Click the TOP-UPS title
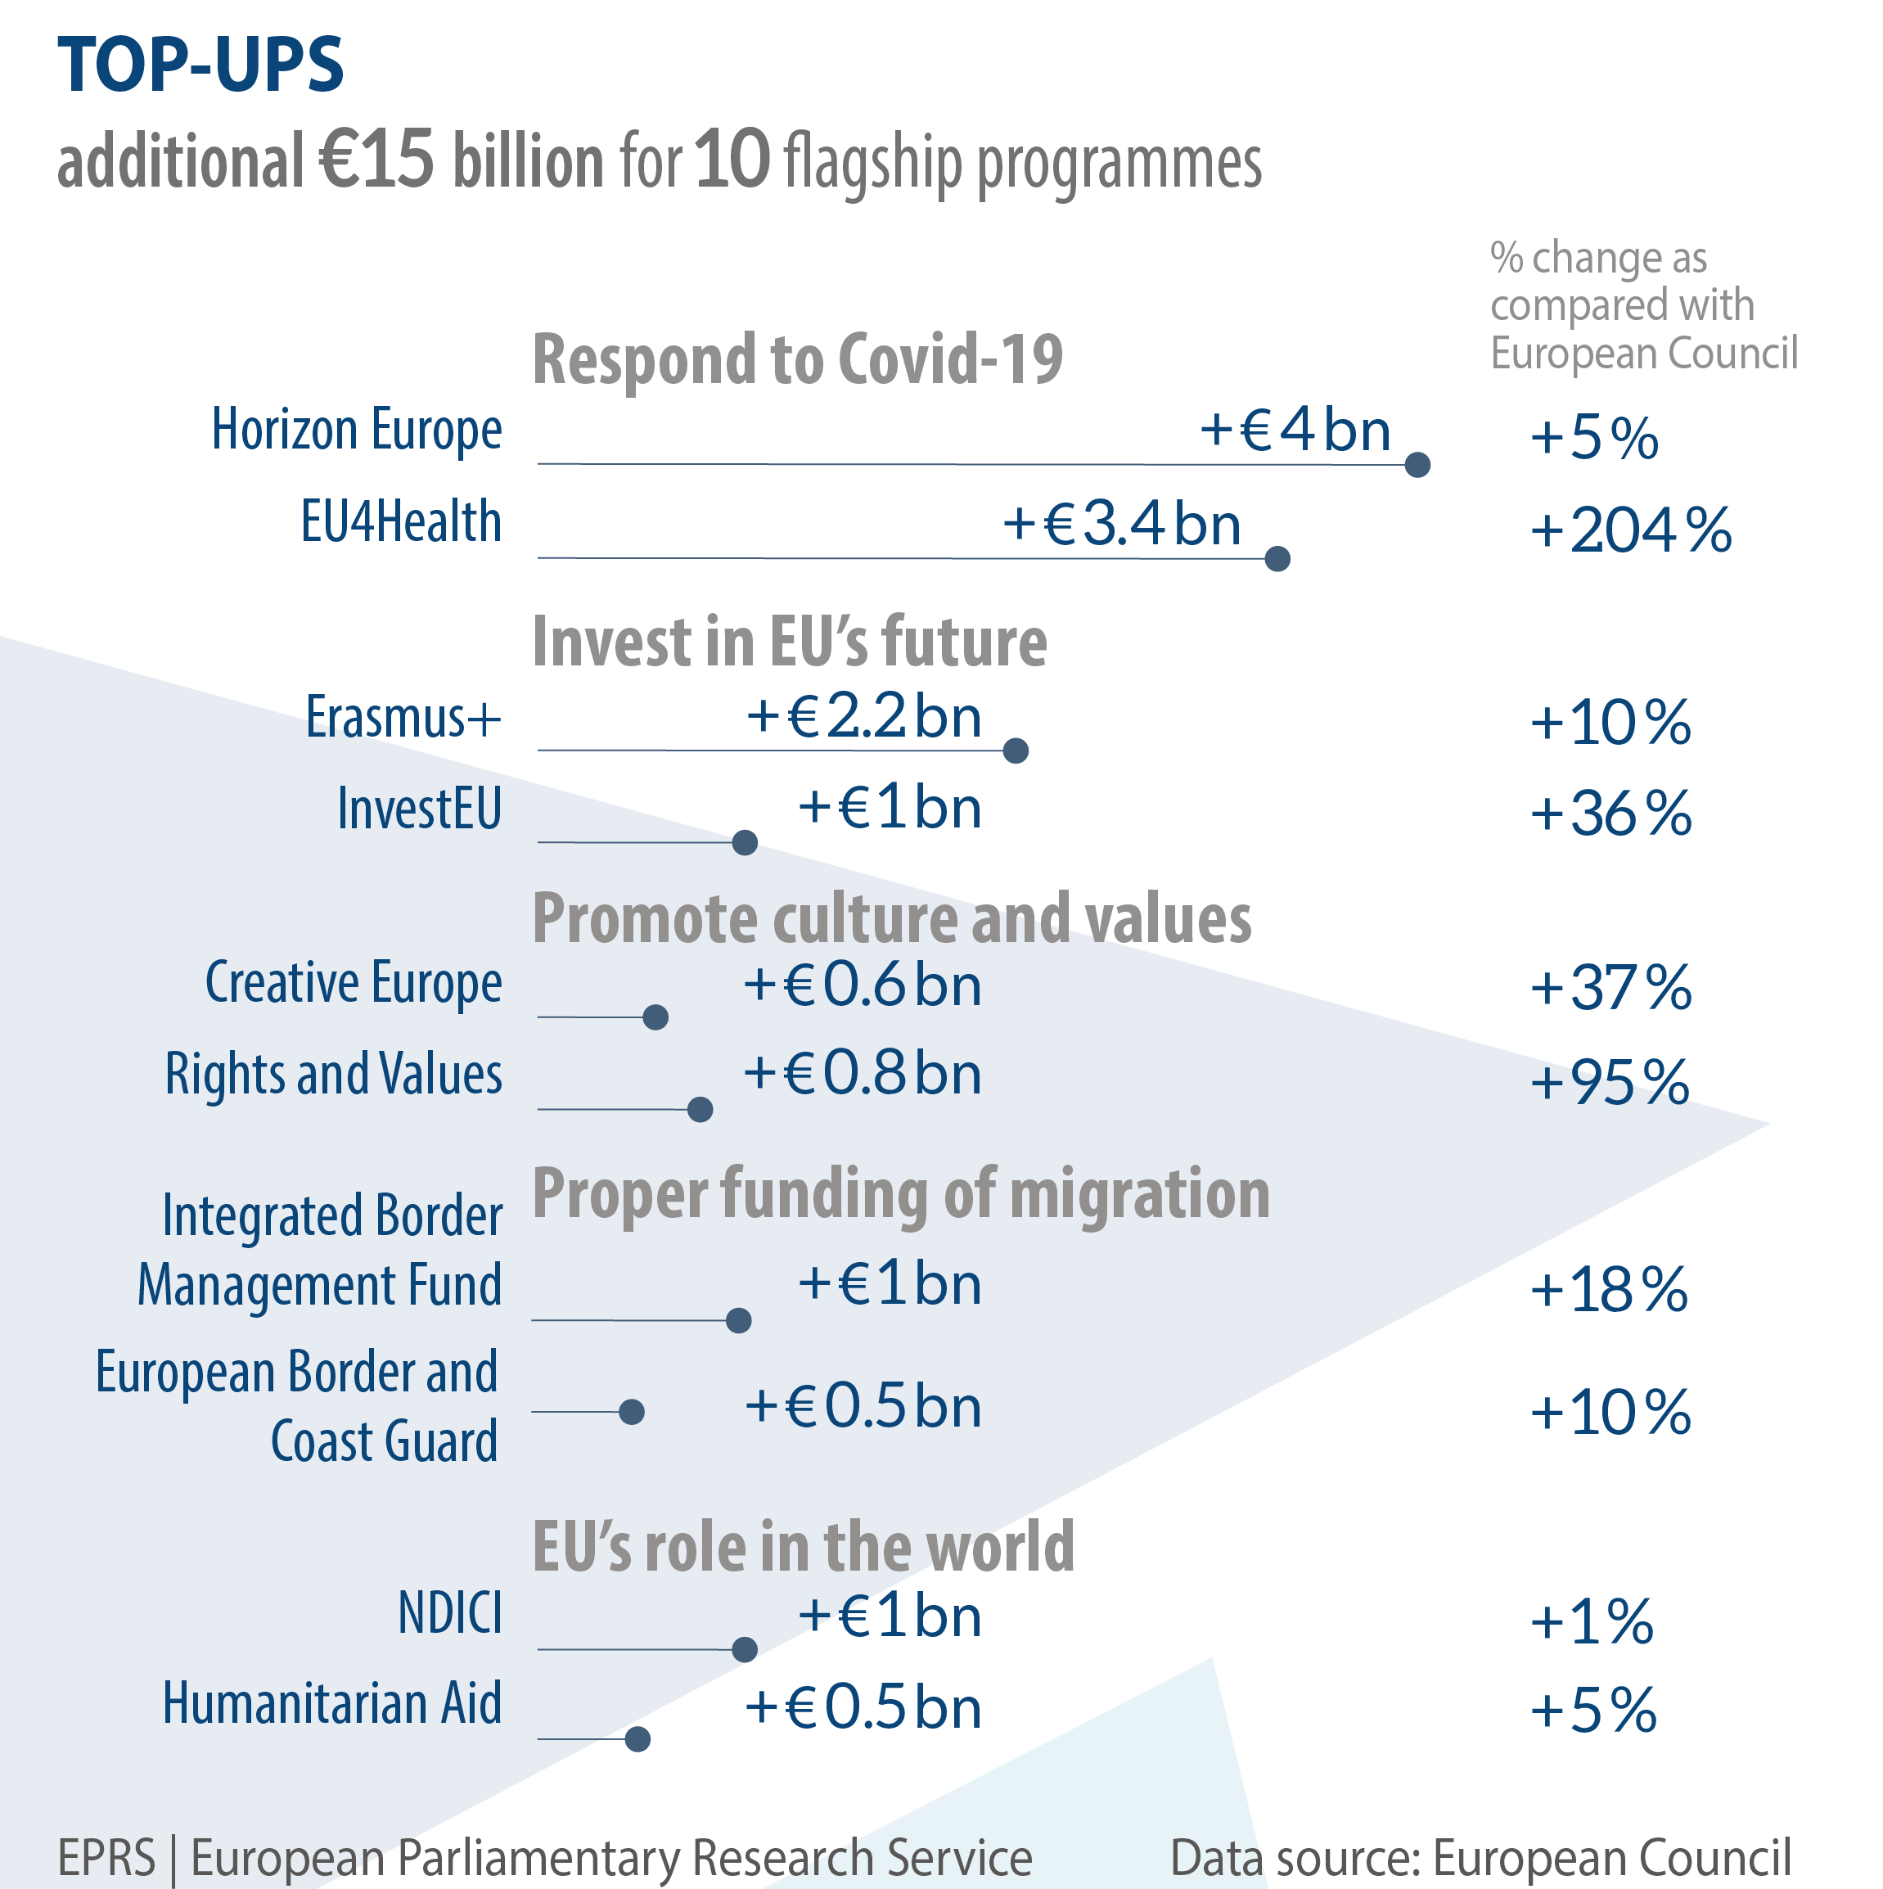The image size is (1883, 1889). [x=200, y=65]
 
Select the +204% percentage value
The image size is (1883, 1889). [x=1630, y=531]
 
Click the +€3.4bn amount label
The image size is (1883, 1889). [x=1121, y=523]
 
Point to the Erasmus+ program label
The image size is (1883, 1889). [x=403, y=717]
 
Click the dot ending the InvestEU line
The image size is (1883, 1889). [x=745, y=843]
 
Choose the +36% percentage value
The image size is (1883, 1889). [x=1610, y=814]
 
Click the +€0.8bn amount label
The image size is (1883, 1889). [x=863, y=1074]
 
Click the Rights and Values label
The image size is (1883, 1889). [x=333, y=1075]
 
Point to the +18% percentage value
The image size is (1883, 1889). [x=1608, y=1290]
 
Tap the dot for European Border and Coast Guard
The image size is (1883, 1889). [x=633, y=1412]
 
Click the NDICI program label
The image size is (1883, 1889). [x=450, y=1613]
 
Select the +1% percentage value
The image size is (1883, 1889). [x=1592, y=1622]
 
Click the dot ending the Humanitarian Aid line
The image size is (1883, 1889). [x=637, y=1739]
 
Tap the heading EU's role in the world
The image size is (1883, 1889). [x=803, y=1548]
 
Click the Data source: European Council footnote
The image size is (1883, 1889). [x=1480, y=1858]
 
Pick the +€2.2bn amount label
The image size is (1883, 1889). [x=863, y=717]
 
